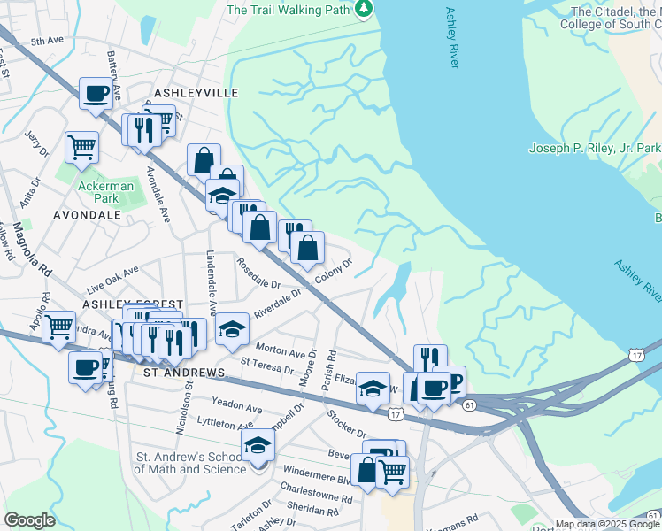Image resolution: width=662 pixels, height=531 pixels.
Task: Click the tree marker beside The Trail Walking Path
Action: point(363,9)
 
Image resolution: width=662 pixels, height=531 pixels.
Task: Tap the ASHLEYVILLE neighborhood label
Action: point(196,92)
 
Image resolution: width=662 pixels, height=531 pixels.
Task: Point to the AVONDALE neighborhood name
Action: point(87,214)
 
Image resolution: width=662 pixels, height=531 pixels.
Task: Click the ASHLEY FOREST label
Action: point(120,304)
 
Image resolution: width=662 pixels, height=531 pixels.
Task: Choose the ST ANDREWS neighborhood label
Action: point(184,373)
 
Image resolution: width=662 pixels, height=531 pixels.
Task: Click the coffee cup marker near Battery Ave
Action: point(96,92)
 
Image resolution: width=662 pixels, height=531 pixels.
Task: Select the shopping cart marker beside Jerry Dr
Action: point(81,147)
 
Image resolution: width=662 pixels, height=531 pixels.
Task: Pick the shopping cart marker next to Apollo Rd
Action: point(58,327)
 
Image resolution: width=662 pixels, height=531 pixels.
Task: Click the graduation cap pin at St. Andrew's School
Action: point(258,444)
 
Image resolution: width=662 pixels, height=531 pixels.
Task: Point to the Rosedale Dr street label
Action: point(258,273)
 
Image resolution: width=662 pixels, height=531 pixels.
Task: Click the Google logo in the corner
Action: point(29,520)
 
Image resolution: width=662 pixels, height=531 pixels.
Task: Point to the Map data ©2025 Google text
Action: point(607,524)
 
